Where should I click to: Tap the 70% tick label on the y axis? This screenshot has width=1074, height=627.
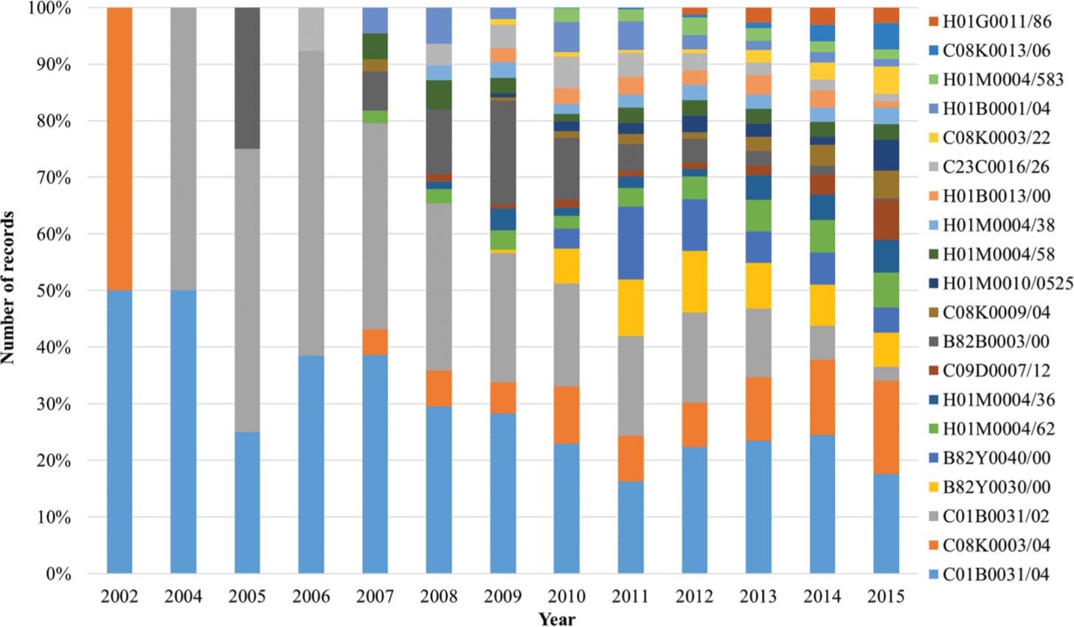pos(55,178)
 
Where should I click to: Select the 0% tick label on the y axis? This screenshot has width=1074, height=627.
pos(59,574)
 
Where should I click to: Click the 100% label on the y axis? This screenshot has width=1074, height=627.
pos(51,8)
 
